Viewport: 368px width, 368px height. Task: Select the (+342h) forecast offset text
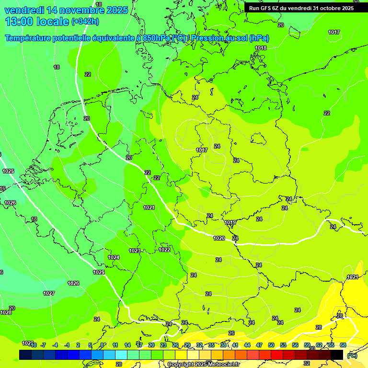click(85, 22)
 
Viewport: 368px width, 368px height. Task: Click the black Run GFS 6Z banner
click(301, 8)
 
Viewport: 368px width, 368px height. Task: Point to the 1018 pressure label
click(261, 48)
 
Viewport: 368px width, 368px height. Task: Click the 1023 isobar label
click(135, 251)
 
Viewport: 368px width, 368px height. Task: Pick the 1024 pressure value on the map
click(114, 257)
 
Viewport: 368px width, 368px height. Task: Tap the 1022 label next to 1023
click(164, 250)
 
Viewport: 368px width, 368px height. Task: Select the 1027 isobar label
click(49, 293)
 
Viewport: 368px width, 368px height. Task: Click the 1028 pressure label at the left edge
click(6, 312)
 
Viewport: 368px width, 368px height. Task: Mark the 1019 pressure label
click(230, 222)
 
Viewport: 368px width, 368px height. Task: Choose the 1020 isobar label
click(219, 238)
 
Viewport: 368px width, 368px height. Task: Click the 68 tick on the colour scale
click(343, 345)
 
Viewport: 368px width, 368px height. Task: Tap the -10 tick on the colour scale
click(33, 345)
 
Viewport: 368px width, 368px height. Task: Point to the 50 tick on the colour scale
click(271, 345)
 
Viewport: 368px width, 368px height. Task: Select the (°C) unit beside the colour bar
click(352, 356)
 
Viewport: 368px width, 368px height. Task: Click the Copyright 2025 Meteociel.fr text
click(203, 364)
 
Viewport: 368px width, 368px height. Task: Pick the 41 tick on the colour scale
click(235, 345)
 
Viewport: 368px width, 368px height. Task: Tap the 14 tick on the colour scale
click(127, 345)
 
